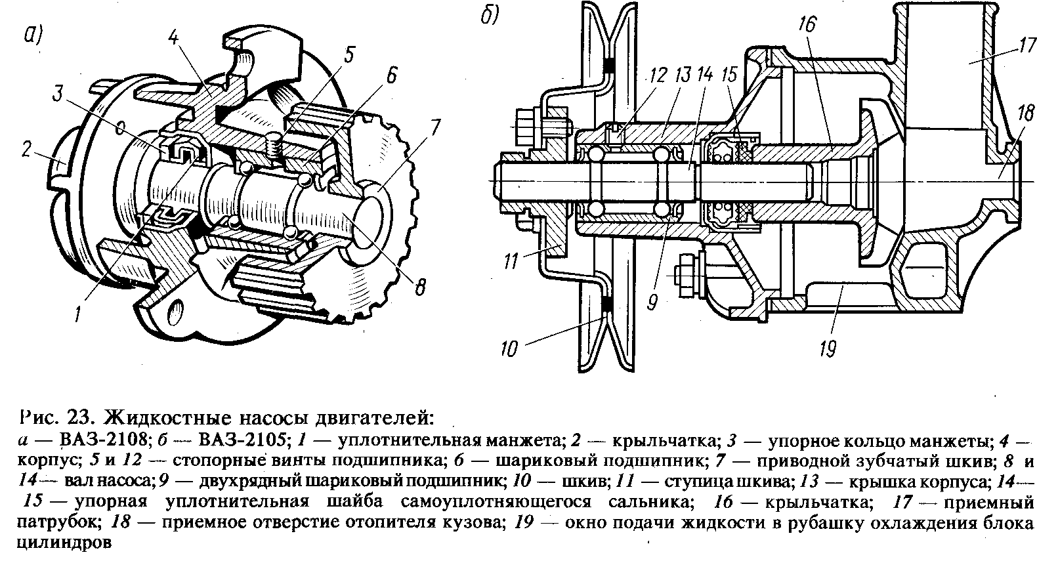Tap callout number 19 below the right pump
(828, 347)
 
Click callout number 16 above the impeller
(807, 26)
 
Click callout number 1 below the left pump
(78, 316)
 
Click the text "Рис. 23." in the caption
(60, 417)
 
